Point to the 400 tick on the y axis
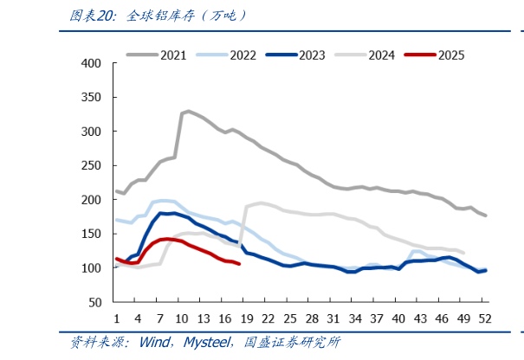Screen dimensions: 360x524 pyautogui.click(x=90, y=64)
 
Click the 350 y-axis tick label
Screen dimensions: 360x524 pyautogui.click(x=90, y=98)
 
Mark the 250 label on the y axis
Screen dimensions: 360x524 pyautogui.click(x=90, y=166)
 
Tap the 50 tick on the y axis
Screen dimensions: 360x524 pyautogui.click(x=94, y=303)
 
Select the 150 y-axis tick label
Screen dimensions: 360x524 pyautogui.click(x=90, y=235)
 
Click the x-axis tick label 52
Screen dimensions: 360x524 pyautogui.click(x=485, y=316)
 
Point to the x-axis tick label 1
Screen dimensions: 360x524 pyautogui.click(x=115, y=316)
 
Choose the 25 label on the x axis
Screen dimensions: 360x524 pyautogui.click(x=289, y=316)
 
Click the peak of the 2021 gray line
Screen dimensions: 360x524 pyautogui.click(x=188, y=111)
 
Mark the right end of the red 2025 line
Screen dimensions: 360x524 pyautogui.click(x=239, y=264)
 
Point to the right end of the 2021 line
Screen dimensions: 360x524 pyautogui.click(x=486, y=215)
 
